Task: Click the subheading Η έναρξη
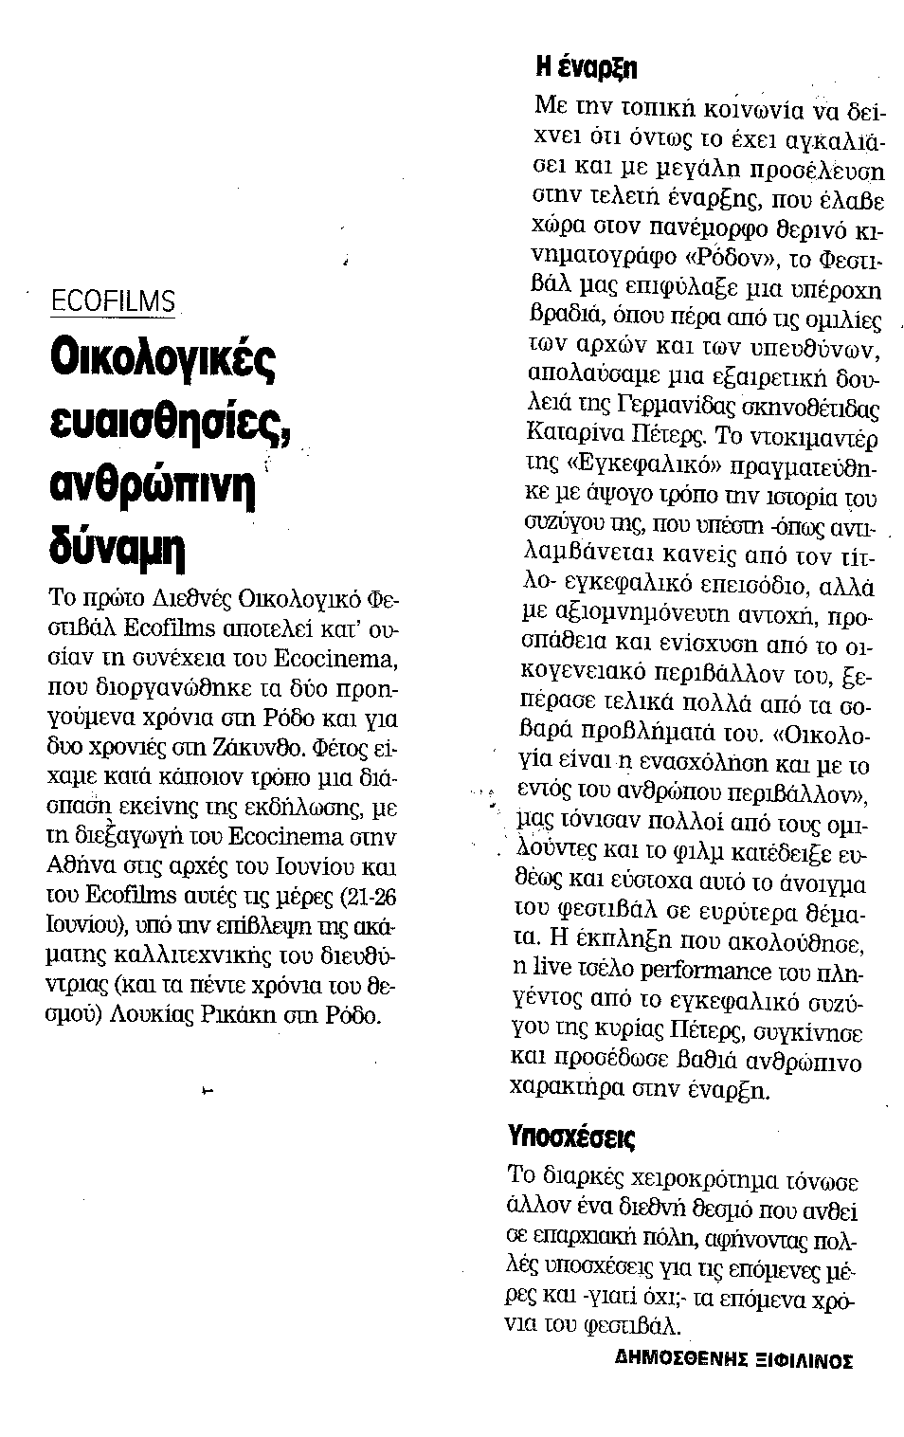(586, 69)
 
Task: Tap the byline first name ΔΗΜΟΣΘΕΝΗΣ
(673, 1360)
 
